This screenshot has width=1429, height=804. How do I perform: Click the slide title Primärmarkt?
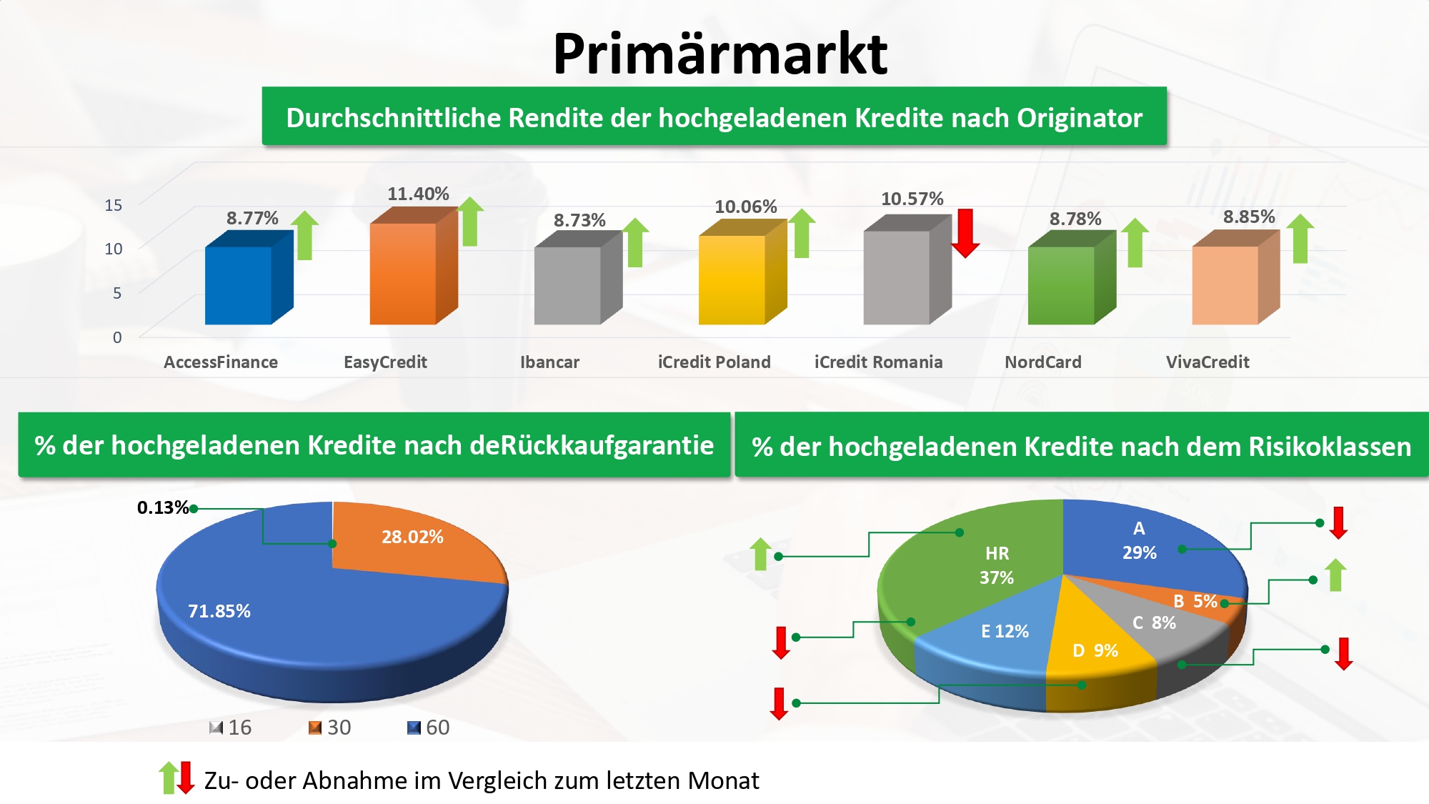(x=720, y=54)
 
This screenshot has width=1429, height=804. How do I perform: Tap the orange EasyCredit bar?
(x=414, y=265)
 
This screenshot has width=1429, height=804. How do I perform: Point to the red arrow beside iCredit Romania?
(x=965, y=233)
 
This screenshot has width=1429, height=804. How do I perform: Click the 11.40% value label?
(x=418, y=194)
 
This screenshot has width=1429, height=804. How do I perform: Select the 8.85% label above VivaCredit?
(x=1249, y=217)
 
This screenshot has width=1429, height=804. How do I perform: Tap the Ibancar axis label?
(x=549, y=362)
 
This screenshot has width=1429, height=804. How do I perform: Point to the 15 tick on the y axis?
(x=114, y=205)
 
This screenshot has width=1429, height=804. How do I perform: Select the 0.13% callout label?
(x=163, y=507)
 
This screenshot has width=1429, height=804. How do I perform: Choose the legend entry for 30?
(x=329, y=728)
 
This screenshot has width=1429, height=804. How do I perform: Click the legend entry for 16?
(x=230, y=728)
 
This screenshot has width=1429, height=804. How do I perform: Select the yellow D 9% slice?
(x=1097, y=647)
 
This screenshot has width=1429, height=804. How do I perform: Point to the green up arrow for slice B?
(x=1335, y=575)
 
